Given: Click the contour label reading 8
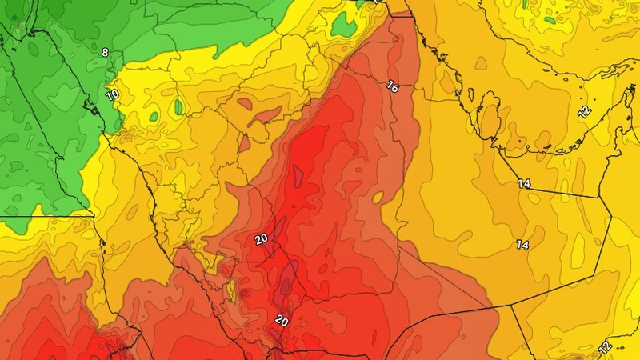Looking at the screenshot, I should tap(105, 53).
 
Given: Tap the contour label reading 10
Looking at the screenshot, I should tap(112, 94).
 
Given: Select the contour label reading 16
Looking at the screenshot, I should tap(392, 86).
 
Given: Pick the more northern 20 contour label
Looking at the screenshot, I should tap(261, 238).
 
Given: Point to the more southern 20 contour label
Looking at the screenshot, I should tap(282, 320).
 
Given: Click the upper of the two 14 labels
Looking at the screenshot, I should tap(523, 184).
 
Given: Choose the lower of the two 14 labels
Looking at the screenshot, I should tap(523, 244).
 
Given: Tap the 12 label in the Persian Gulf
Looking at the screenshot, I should tap(584, 110).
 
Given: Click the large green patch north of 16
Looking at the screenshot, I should tap(344, 26).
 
